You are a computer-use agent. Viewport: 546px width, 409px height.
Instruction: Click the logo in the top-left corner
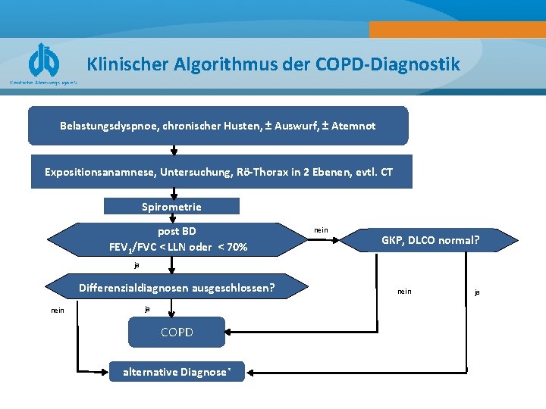44,61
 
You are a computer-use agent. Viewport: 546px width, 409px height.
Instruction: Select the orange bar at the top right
457,30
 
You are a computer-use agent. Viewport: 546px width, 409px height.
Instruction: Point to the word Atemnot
353,126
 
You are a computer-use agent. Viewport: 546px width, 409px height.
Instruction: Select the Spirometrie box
171,206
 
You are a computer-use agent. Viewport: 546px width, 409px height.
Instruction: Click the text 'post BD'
177,231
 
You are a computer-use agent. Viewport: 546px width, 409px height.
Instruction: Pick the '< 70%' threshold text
232,247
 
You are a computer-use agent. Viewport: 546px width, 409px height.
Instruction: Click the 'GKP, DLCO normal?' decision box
430,241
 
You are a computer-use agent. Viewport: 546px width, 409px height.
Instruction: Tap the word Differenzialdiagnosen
139,288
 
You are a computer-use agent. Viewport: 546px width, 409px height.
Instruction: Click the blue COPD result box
177,333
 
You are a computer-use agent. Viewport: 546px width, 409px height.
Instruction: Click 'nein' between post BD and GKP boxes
321,230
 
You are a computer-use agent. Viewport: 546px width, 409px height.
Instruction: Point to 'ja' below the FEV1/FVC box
136,265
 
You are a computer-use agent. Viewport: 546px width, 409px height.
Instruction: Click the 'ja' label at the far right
477,292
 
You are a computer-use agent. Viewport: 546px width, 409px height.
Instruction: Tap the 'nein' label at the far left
57,310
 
